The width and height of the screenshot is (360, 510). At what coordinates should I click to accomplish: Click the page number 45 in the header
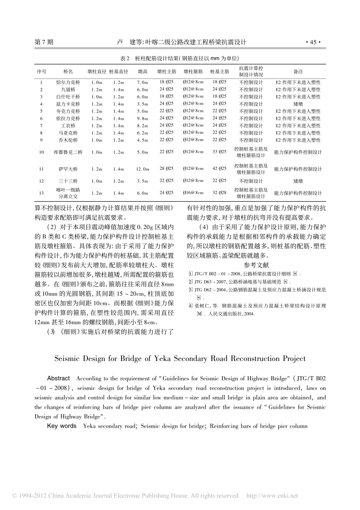(x=313, y=42)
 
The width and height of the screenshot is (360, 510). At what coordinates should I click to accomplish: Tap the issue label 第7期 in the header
(x=44, y=42)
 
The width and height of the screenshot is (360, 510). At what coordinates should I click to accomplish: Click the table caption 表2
(x=125, y=58)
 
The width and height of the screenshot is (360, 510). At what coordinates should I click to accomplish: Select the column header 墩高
(x=142, y=71)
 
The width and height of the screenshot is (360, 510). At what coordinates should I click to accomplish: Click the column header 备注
(x=298, y=71)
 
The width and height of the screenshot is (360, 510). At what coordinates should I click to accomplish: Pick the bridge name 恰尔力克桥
(x=68, y=82)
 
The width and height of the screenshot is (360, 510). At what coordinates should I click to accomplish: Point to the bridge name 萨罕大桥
(x=68, y=169)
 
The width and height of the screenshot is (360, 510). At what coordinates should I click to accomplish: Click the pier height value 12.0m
(x=142, y=169)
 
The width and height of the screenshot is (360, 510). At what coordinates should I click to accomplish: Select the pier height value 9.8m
(x=142, y=118)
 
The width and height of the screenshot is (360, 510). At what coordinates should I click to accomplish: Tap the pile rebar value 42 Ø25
(x=219, y=169)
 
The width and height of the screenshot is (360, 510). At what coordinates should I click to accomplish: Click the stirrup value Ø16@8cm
(x=193, y=193)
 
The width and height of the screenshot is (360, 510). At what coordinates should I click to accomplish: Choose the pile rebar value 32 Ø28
(x=219, y=193)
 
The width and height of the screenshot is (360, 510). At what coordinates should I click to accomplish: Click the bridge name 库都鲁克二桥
(x=68, y=152)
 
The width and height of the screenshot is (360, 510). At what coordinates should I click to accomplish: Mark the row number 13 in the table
(x=41, y=193)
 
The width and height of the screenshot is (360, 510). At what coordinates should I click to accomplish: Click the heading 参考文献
(x=257, y=265)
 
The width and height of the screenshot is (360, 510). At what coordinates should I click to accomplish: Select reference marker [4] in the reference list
(x=190, y=305)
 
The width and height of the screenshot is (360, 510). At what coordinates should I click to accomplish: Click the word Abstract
(x=58, y=378)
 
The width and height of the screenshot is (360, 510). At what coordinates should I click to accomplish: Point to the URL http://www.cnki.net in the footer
(x=272, y=496)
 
